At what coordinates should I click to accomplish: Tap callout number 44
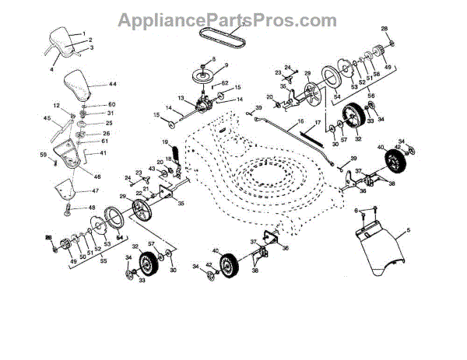112,84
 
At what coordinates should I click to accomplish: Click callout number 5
409,231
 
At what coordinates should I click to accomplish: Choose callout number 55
104,262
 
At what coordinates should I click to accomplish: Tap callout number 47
96,190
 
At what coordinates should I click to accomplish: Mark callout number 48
91,208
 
